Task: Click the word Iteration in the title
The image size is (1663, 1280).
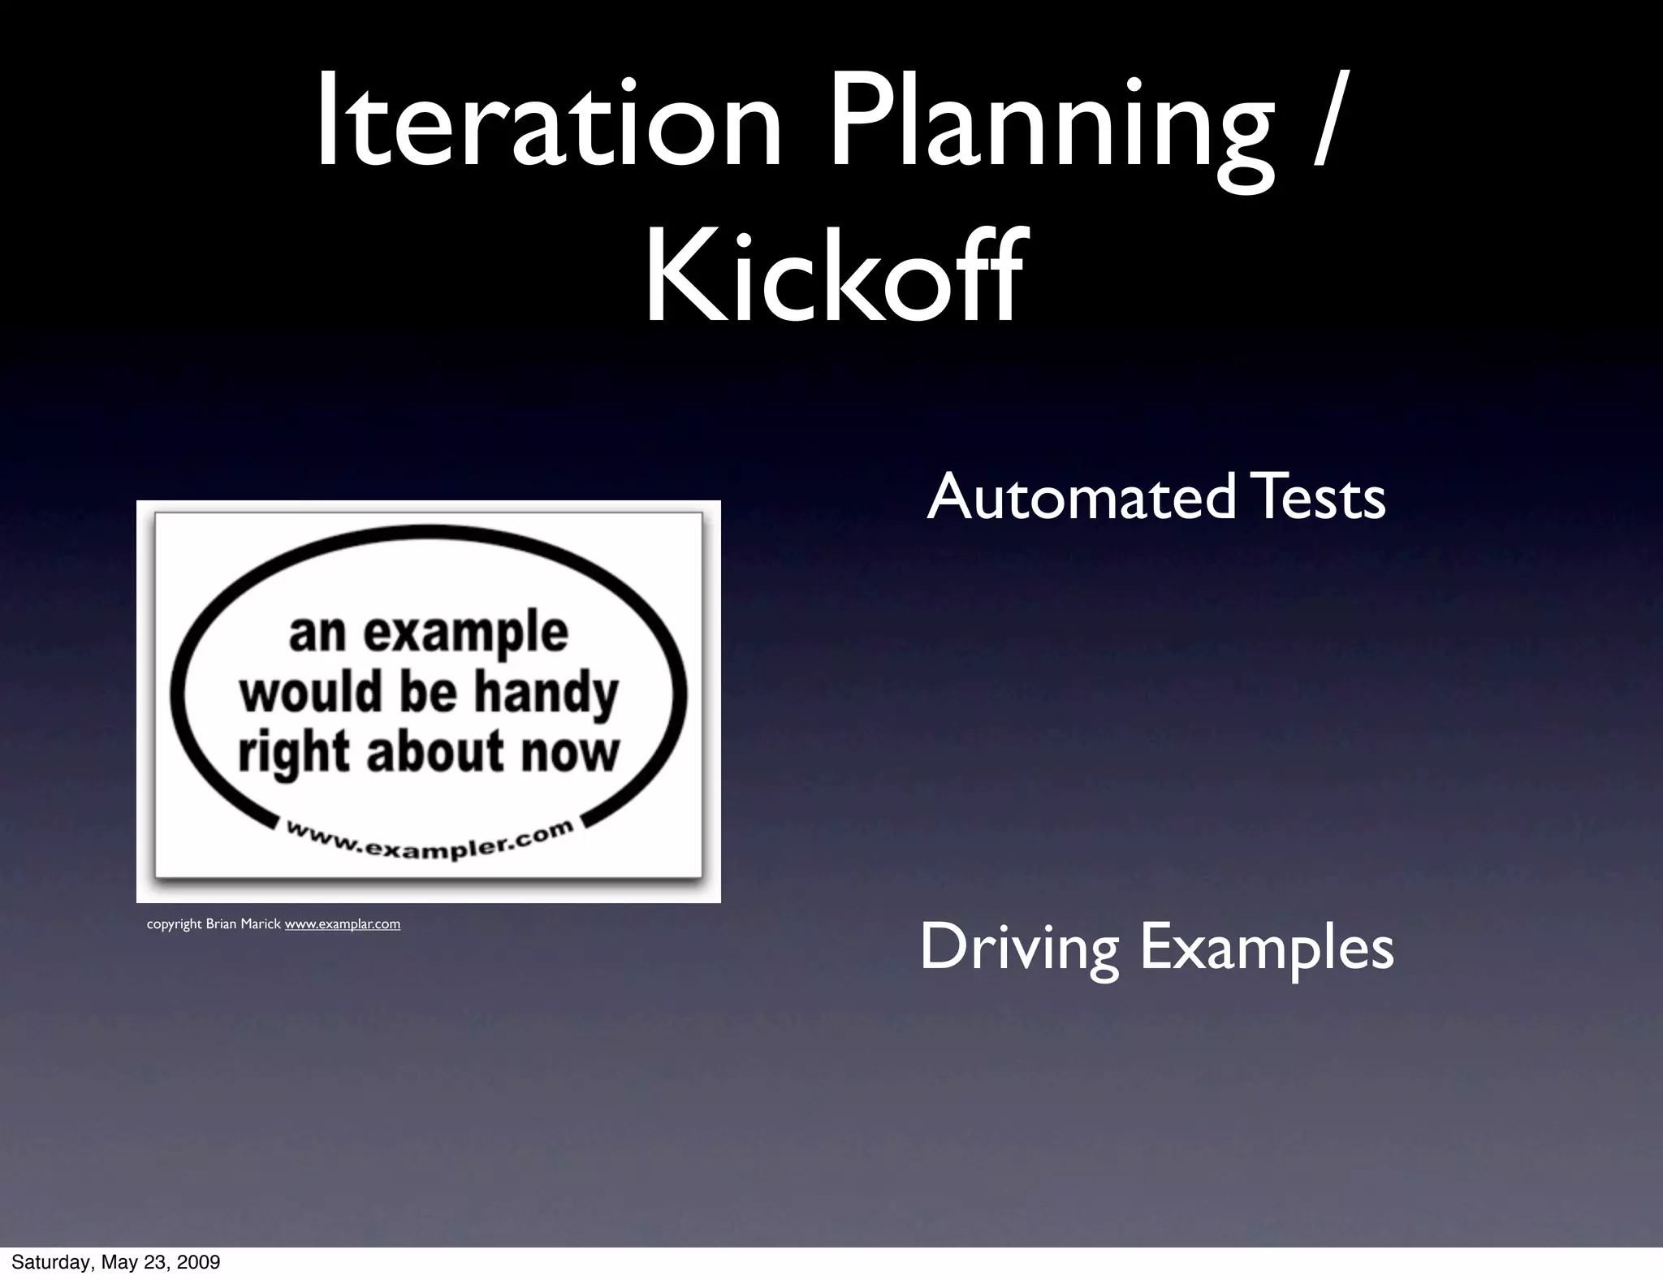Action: click(548, 122)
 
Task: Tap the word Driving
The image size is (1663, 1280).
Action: click(1021, 948)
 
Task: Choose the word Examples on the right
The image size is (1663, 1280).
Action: click(1267, 948)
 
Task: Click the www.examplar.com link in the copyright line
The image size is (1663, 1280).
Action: click(342, 924)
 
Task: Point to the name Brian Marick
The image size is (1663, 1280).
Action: click(243, 924)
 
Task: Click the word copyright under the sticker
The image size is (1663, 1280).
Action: click(174, 924)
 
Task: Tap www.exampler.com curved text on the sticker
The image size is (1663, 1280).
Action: click(430, 841)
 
